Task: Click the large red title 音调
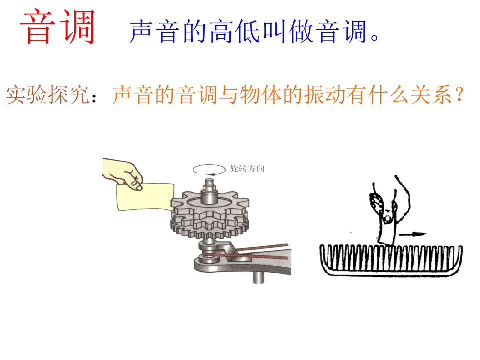(x=58, y=27)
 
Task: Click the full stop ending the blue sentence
(x=375, y=37)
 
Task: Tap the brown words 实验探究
(x=48, y=95)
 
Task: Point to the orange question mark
(x=459, y=94)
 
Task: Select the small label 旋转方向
(x=247, y=168)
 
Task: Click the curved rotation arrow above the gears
(x=209, y=170)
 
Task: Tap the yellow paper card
(x=145, y=197)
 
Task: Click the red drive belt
(x=245, y=251)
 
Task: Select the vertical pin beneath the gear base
(x=258, y=278)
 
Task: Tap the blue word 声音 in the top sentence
(x=155, y=31)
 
